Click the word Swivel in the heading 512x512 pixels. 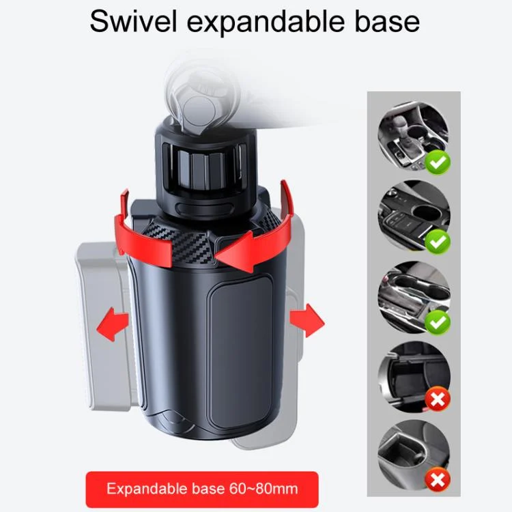tap(133, 21)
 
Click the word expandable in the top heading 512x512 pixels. tap(266, 23)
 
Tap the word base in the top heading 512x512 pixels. tap(387, 21)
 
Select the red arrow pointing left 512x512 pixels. tap(113, 324)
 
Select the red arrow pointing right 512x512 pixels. tap(307, 320)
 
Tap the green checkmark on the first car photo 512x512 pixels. tap(438, 162)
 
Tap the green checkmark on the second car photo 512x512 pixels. tap(438, 242)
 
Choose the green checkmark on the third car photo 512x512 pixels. tap(438, 322)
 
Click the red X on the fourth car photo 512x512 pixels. tap(438, 399)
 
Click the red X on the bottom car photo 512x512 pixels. tap(438, 480)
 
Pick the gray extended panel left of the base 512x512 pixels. tap(101, 326)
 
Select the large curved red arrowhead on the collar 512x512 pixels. tap(240, 248)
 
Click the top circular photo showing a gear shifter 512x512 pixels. tap(414, 137)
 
